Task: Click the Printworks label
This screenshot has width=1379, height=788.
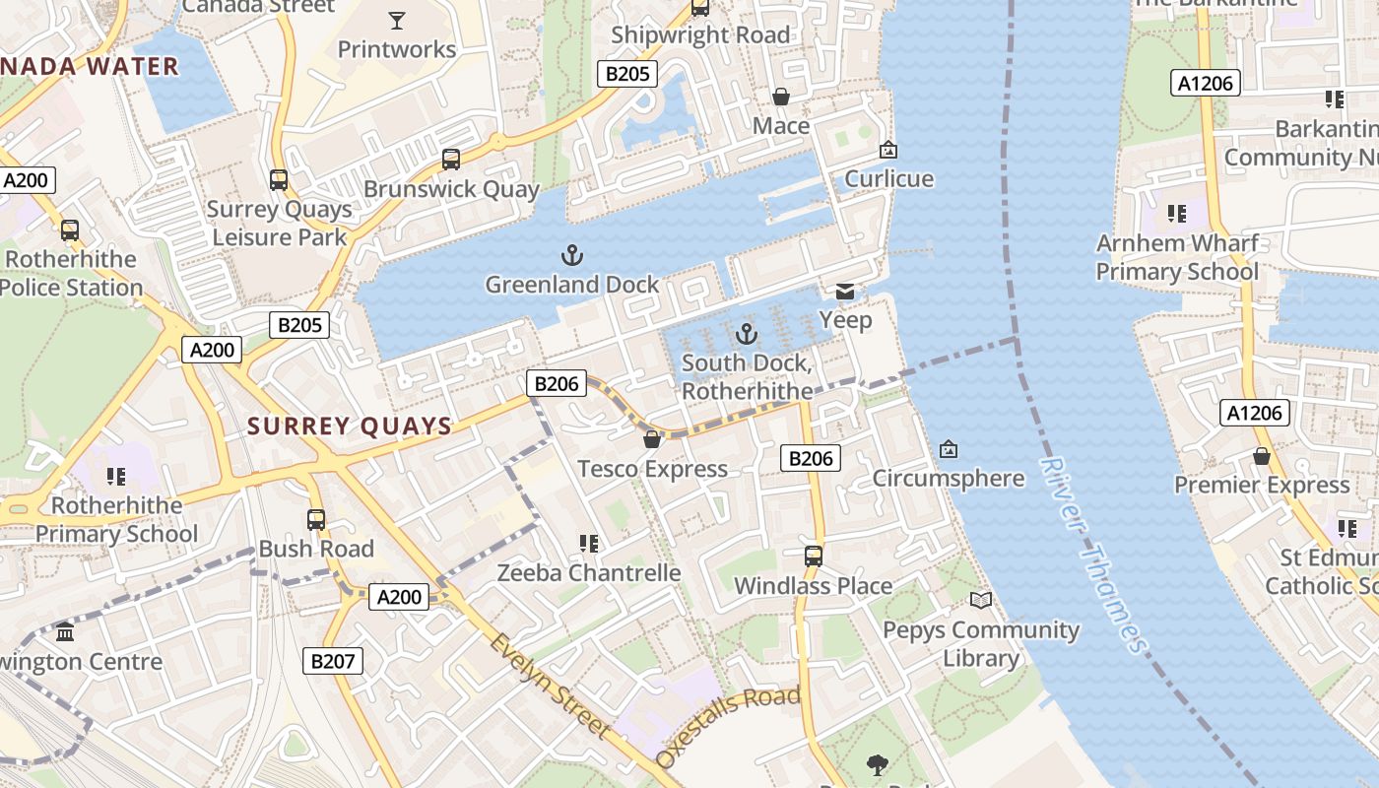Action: coord(397,49)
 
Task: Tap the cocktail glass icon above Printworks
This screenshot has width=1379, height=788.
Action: coord(397,20)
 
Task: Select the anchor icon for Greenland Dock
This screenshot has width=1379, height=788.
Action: coord(572,256)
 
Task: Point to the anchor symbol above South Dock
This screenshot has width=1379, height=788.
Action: coord(747,334)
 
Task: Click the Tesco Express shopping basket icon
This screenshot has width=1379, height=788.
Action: coord(651,439)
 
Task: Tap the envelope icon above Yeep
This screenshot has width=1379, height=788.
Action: coord(845,292)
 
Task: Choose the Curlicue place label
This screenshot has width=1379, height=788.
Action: coord(889,179)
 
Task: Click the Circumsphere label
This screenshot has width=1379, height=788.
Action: coord(949,479)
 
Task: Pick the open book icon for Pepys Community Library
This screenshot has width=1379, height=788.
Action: coord(981,600)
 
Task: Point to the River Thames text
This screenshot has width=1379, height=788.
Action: coord(1094,556)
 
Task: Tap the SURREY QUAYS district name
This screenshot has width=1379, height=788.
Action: coord(350,427)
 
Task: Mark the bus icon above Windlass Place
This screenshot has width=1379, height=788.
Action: coord(814,557)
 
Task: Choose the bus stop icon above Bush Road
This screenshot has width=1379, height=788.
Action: coord(316,520)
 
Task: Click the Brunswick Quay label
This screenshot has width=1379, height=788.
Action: coord(452,189)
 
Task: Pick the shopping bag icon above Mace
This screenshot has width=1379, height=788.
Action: coord(781,97)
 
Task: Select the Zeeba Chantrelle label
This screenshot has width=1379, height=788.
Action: coord(589,572)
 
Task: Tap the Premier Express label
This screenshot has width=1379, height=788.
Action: coord(1262,485)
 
